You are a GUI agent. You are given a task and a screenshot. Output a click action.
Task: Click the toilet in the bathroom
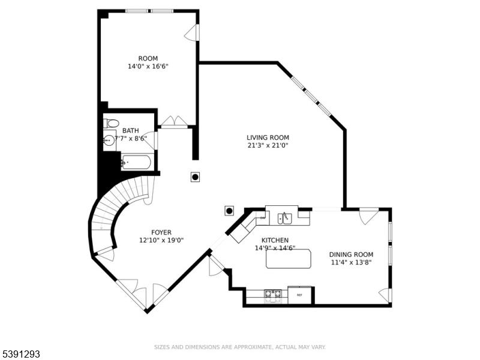point(111,124)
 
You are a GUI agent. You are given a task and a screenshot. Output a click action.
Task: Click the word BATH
point(130,130)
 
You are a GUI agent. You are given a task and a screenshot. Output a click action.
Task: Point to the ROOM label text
point(148,59)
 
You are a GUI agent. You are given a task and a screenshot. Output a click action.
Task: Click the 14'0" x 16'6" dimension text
point(148,67)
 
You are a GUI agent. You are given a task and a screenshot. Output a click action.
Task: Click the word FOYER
point(161,232)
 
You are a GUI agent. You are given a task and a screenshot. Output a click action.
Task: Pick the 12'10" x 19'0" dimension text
point(161,240)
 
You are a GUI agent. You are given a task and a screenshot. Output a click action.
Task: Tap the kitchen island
point(289,259)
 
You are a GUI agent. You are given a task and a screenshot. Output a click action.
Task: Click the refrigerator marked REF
point(299,295)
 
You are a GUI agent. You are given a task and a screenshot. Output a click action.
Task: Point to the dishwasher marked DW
point(263,217)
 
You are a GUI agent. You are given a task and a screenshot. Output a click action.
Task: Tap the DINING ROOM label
point(351,254)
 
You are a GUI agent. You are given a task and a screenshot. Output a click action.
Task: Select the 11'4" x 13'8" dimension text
point(351,262)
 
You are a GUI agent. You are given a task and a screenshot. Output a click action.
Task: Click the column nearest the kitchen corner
point(229,210)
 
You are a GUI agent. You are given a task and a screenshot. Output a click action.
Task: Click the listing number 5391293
point(21,355)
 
